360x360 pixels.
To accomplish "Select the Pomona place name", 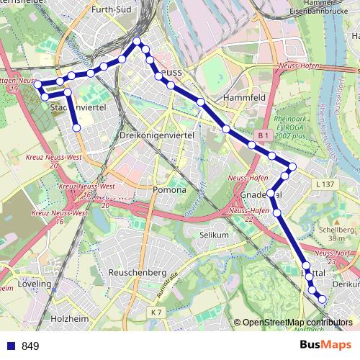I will (170, 190).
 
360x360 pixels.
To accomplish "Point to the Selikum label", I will (214, 235).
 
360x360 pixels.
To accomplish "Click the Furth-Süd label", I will (110, 10).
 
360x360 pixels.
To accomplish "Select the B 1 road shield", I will (264, 135).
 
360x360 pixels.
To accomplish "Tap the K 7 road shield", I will (157, 311).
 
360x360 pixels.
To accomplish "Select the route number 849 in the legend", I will (30, 346).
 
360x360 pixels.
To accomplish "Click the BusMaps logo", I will (325, 345).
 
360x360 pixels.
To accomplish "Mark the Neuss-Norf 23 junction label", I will (333, 256).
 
